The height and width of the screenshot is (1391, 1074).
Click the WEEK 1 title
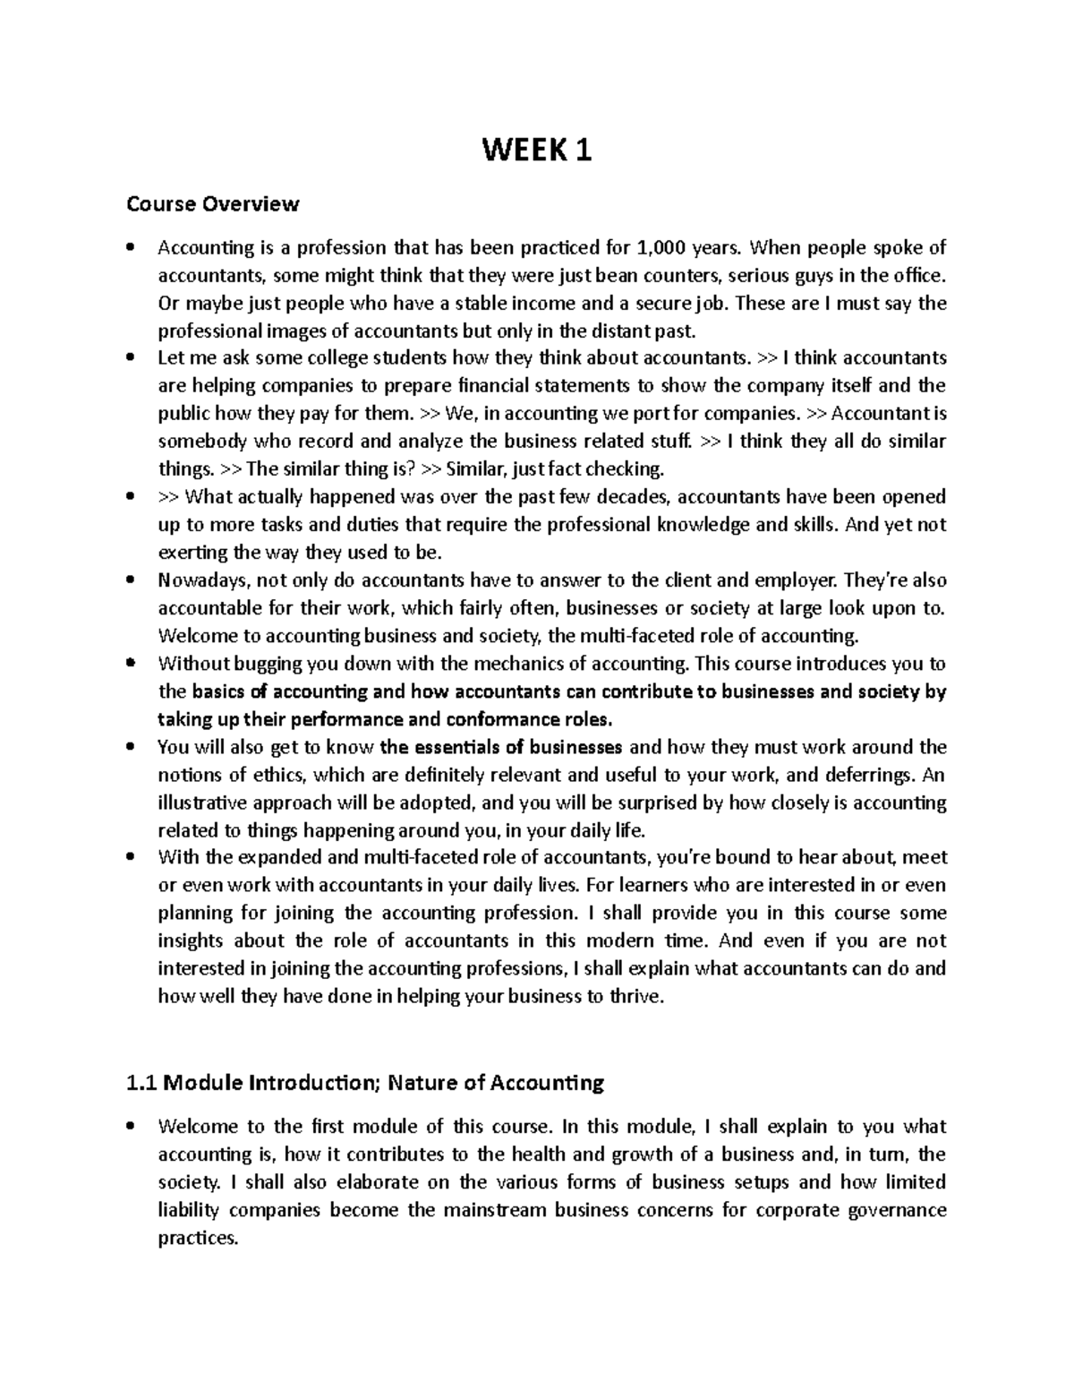click(x=537, y=151)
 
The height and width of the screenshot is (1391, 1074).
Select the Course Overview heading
click(x=213, y=204)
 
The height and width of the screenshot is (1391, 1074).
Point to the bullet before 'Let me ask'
click(x=132, y=358)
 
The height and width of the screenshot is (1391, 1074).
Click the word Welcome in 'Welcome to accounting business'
click(x=192, y=636)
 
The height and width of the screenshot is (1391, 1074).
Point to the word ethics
click(x=273, y=775)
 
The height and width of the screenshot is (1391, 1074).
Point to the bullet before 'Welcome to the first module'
click(x=132, y=1127)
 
